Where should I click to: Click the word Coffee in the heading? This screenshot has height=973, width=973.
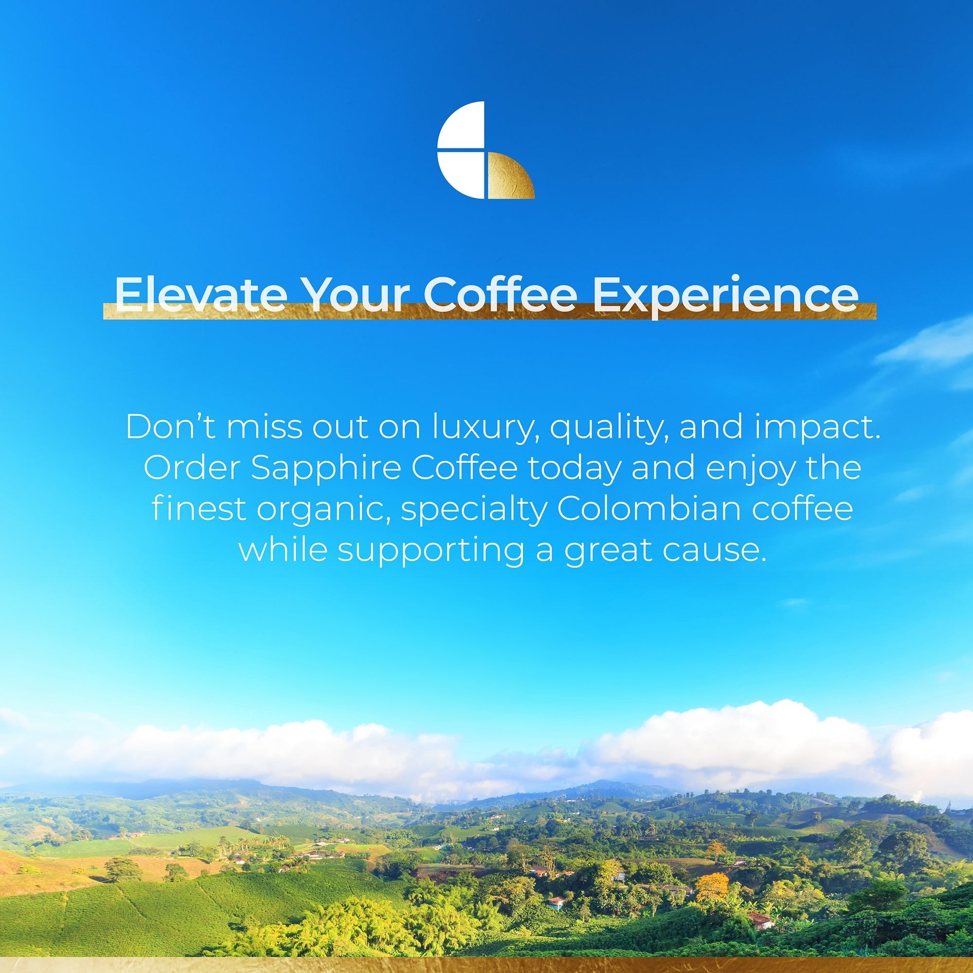(x=500, y=294)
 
